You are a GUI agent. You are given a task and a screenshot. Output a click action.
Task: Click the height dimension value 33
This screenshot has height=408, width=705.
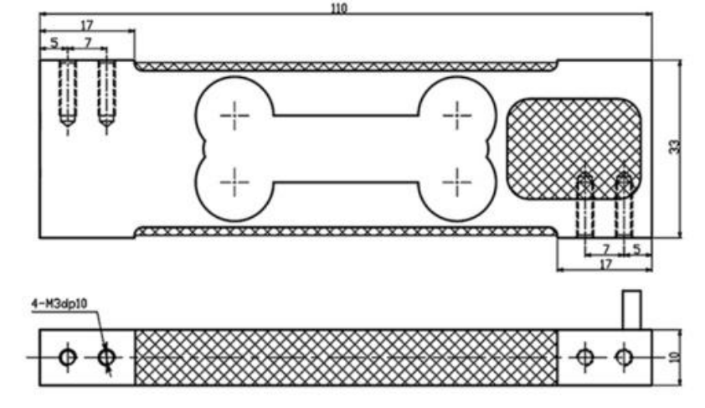(674, 146)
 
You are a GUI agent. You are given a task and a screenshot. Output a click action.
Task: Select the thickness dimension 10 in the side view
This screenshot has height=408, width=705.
(675, 356)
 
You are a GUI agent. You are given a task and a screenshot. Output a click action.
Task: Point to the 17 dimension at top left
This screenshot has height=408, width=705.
(86, 26)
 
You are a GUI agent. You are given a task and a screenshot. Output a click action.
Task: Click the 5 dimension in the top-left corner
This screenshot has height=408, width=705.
(54, 42)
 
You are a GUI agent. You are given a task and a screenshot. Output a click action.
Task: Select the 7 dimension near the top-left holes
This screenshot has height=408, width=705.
(86, 42)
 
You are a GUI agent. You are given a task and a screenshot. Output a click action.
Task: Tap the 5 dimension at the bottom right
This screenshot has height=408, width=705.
(636, 249)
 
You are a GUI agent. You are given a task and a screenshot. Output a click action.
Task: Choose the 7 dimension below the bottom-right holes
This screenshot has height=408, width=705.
(605, 249)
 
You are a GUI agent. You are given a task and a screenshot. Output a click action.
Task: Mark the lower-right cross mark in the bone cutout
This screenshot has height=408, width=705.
(457, 178)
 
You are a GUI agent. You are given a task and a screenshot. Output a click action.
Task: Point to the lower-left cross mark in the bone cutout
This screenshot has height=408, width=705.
(235, 178)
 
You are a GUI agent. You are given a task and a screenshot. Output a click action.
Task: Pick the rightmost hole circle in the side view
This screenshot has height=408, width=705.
(623, 357)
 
